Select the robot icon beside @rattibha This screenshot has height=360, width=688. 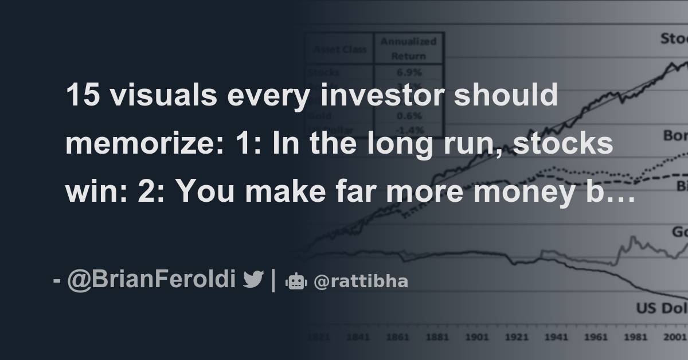(296, 281)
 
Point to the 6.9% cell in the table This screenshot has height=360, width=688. (408, 73)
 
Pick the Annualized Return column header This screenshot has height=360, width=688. (408, 48)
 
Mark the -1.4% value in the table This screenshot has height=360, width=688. (408, 128)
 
